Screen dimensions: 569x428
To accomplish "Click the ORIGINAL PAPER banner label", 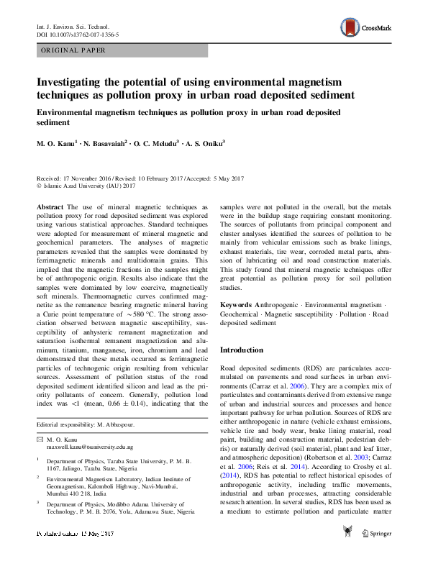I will pos(73,50).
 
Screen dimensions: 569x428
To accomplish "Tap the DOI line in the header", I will pos(78,34).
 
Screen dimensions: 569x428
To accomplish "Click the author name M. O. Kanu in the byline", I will pos(58,144).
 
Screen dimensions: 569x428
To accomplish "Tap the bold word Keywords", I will pos(237,305).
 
